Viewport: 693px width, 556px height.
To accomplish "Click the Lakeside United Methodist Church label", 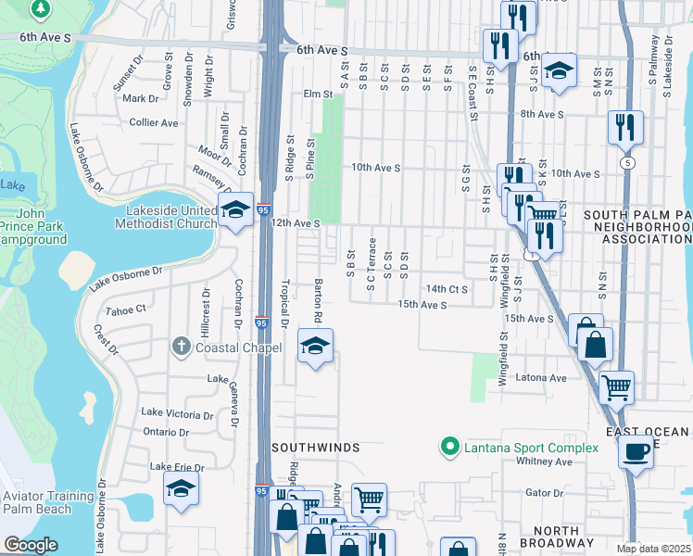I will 165,216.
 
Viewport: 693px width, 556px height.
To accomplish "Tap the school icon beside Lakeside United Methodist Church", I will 236,211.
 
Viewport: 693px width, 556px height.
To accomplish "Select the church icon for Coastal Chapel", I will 182,347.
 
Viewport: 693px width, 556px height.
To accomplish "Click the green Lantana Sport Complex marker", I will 450,448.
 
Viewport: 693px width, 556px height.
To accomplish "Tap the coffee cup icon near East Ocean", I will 635,452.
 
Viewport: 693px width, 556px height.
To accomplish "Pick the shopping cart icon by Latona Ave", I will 616,386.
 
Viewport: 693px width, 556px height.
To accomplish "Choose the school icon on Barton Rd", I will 315,347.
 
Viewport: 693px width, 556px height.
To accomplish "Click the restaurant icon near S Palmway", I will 626,126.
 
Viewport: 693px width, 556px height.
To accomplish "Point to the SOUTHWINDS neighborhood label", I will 315,448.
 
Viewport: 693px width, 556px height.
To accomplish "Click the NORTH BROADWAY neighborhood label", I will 570,537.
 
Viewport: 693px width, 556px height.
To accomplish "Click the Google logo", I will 31,544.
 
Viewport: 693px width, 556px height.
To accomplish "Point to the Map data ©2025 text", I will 654,549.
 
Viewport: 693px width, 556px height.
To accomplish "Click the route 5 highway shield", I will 629,162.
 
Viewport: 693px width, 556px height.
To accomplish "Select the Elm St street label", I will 318,94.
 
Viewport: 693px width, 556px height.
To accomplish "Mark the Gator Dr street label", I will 544,493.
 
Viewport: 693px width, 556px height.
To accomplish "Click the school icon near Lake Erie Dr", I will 181,489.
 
